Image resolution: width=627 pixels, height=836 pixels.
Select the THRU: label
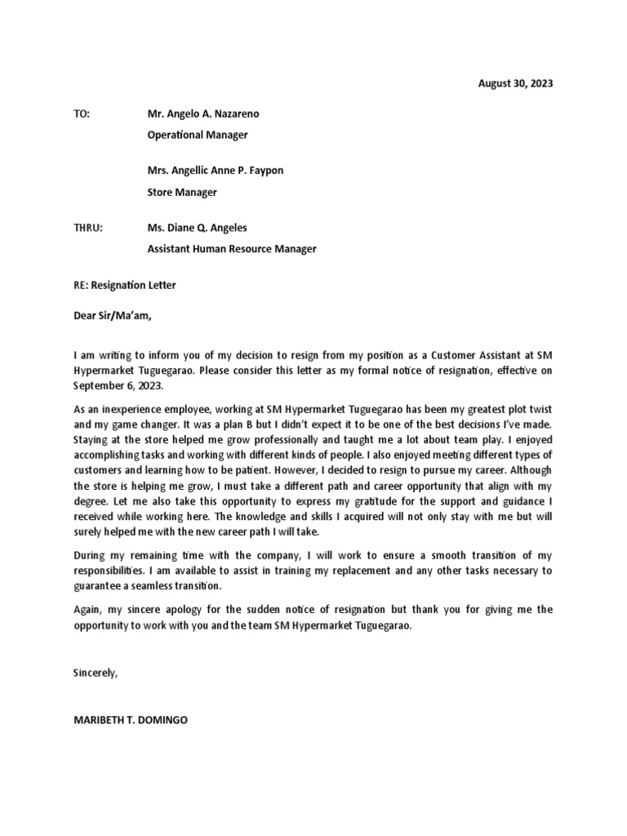tap(88, 228)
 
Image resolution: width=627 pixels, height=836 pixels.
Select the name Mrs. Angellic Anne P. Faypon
tap(216, 171)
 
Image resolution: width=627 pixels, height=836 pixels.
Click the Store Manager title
tap(182, 193)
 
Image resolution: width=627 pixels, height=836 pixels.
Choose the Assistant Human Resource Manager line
tap(231, 249)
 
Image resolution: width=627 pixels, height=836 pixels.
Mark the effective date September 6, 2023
tap(118, 385)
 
